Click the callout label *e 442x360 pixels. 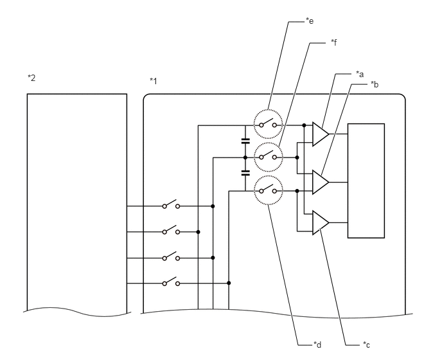[310, 21]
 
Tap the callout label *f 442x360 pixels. [334, 42]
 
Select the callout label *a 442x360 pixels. [360, 74]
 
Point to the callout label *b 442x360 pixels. [375, 84]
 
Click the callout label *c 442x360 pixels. [366, 345]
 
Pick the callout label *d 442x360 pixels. [317, 345]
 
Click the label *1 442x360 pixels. [154, 81]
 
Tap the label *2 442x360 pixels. [31, 78]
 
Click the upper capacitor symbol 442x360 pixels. [245, 141]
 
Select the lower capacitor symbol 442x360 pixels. [245, 173]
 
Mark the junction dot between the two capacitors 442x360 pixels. [245, 157]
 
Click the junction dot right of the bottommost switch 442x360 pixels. [229, 283]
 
